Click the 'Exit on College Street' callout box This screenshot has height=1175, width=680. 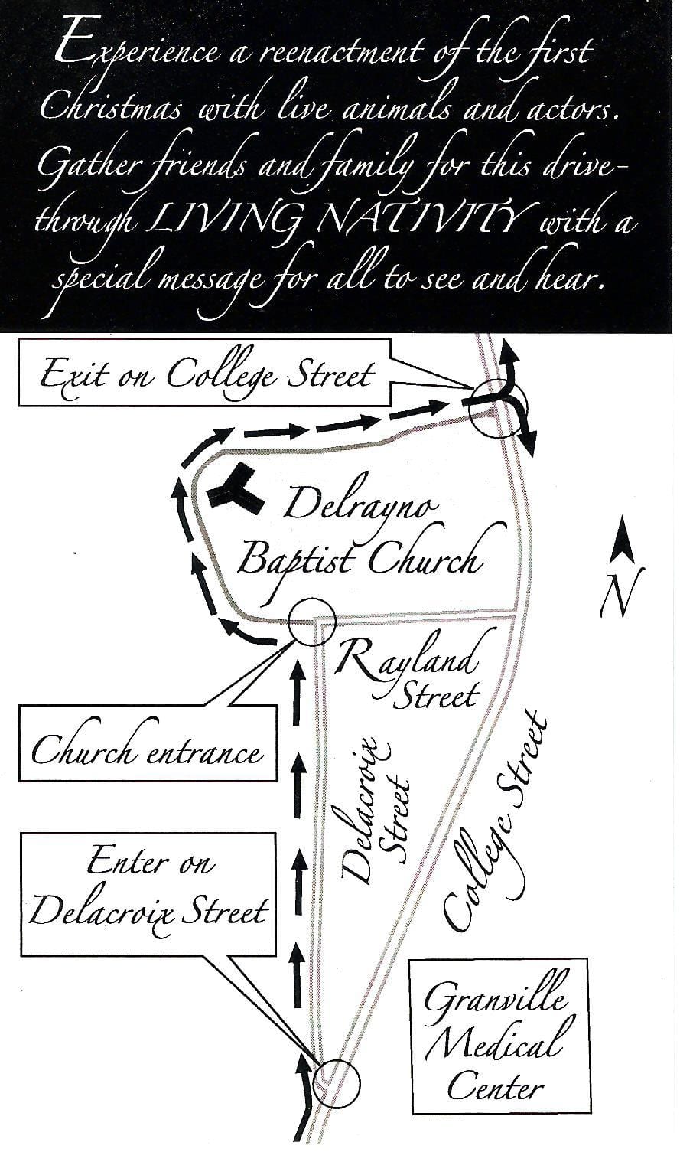(x=204, y=372)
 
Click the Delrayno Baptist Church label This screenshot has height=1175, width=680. (x=363, y=535)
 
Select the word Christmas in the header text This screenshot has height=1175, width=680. (x=111, y=109)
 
